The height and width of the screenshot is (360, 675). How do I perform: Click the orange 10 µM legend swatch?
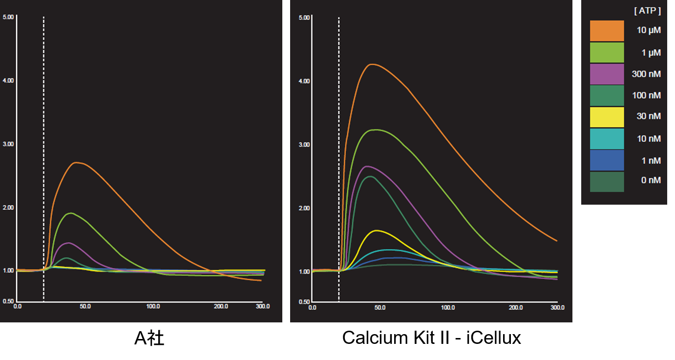(x=607, y=31)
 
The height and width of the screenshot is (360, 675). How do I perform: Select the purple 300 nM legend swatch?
(x=607, y=74)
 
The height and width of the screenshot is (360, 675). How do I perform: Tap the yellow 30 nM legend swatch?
(x=607, y=117)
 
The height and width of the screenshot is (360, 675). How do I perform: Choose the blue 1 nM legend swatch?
(x=607, y=160)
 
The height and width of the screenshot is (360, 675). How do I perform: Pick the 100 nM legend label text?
(x=646, y=95)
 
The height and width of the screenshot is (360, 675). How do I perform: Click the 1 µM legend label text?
(x=651, y=52)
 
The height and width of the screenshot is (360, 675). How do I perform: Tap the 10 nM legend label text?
(x=649, y=139)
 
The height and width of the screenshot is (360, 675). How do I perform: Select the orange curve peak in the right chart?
(x=372, y=64)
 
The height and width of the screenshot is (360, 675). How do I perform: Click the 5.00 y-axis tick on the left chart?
(x=8, y=17)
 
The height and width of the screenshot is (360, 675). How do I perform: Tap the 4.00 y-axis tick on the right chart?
(x=304, y=81)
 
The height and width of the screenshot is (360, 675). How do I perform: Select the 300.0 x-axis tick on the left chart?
(x=262, y=306)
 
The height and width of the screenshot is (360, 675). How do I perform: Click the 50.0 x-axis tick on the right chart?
(x=380, y=308)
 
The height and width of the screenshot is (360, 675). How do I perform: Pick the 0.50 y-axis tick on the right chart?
(x=304, y=302)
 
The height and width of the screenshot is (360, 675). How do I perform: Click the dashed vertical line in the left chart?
(x=43, y=147)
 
